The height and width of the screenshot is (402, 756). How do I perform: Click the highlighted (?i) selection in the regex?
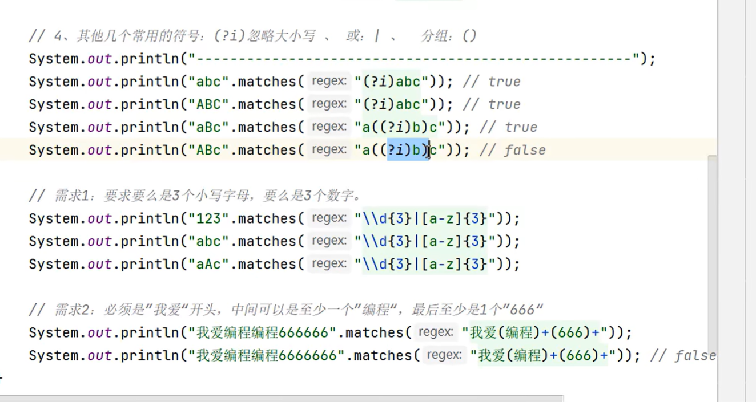point(407,150)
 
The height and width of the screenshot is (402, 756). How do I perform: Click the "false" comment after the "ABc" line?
point(524,150)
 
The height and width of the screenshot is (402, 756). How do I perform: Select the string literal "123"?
point(208,218)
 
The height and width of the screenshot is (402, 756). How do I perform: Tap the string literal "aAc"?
point(208,264)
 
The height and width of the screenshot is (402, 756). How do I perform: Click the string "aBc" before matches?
point(208,127)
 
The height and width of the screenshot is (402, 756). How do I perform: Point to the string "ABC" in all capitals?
point(208,104)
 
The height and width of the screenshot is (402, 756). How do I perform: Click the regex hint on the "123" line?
point(329,218)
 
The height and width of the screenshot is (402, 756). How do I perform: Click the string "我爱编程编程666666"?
point(263,332)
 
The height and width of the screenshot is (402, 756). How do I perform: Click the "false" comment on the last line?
point(694,355)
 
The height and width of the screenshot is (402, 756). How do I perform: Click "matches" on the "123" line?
point(266,218)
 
